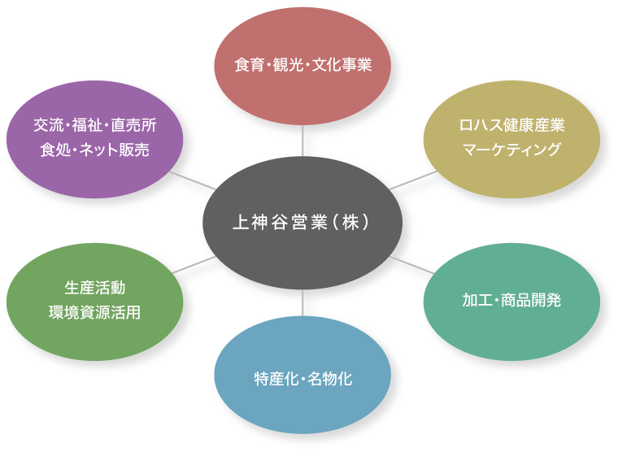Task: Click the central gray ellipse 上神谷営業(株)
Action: (302, 221)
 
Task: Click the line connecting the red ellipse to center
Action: (302, 140)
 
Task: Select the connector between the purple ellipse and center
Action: (193, 180)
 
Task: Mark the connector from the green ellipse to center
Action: (194, 264)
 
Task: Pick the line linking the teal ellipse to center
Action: (411, 264)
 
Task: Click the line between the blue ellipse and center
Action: (302, 302)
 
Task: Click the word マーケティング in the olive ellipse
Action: (511, 149)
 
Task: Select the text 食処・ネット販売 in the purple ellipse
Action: (95, 150)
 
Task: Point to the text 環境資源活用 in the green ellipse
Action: (95, 312)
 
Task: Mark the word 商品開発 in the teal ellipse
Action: (529, 300)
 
